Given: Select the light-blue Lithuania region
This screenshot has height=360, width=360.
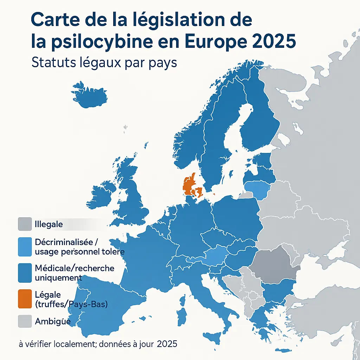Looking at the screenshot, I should click(258, 189).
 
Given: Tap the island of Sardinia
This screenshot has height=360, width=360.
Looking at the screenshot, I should click(182, 316).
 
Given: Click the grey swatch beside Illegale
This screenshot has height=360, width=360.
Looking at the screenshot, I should click(25, 224).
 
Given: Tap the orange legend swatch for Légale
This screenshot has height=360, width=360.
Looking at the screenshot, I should click(25, 299).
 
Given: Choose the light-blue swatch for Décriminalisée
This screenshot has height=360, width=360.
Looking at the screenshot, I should click(25, 247).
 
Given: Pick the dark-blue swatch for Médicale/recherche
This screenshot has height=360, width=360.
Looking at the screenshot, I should click(25, 273).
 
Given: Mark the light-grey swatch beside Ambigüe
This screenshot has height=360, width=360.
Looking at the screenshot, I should click(25, 321).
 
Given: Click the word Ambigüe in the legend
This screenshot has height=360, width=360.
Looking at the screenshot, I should click(53, 321).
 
